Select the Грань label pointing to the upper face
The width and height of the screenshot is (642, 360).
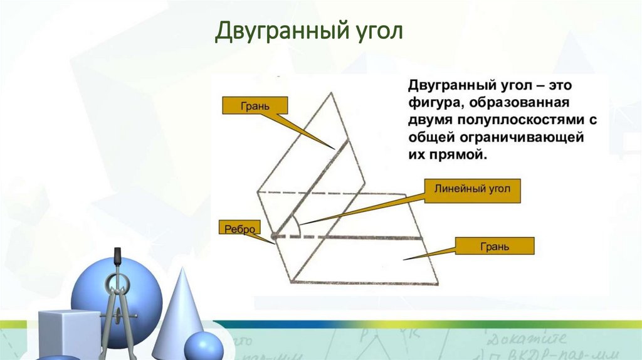coord(255,106)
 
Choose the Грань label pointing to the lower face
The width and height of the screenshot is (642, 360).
coord(495,246)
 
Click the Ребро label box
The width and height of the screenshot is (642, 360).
coord(237,229)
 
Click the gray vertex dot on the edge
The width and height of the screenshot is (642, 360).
coord(273,237)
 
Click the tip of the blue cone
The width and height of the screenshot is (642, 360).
coord(182,270)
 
